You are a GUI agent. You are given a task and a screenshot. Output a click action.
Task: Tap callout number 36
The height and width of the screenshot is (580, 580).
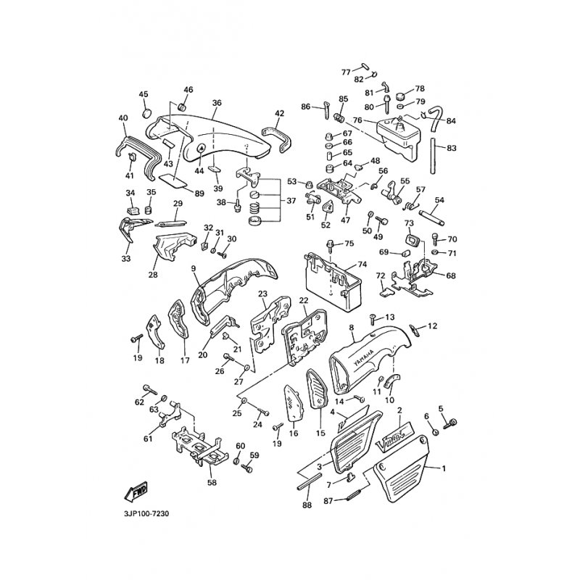pos(217,103)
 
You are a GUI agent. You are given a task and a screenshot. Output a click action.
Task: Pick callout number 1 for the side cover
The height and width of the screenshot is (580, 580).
pos(444,468)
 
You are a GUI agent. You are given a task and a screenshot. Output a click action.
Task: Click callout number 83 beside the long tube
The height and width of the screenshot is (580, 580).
pos(452,148)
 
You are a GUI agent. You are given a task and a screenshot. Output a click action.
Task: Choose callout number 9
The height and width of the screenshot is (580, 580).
pos(194,269)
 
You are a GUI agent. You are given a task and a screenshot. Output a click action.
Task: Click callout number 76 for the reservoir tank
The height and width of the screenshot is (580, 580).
pos(357,120)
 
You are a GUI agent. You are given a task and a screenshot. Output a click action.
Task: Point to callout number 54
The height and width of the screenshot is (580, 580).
pos(439,199)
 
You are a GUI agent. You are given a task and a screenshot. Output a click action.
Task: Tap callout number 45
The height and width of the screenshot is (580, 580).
pos(143,94)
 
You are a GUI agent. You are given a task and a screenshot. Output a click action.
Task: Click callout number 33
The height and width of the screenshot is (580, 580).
pos(126,258)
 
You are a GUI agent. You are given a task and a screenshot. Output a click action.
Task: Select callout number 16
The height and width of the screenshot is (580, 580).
pos(294,434)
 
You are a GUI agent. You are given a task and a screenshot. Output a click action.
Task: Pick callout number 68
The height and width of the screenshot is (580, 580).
pos(452,275)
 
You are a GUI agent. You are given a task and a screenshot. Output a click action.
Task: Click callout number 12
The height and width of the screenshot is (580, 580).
pos(432,326)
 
